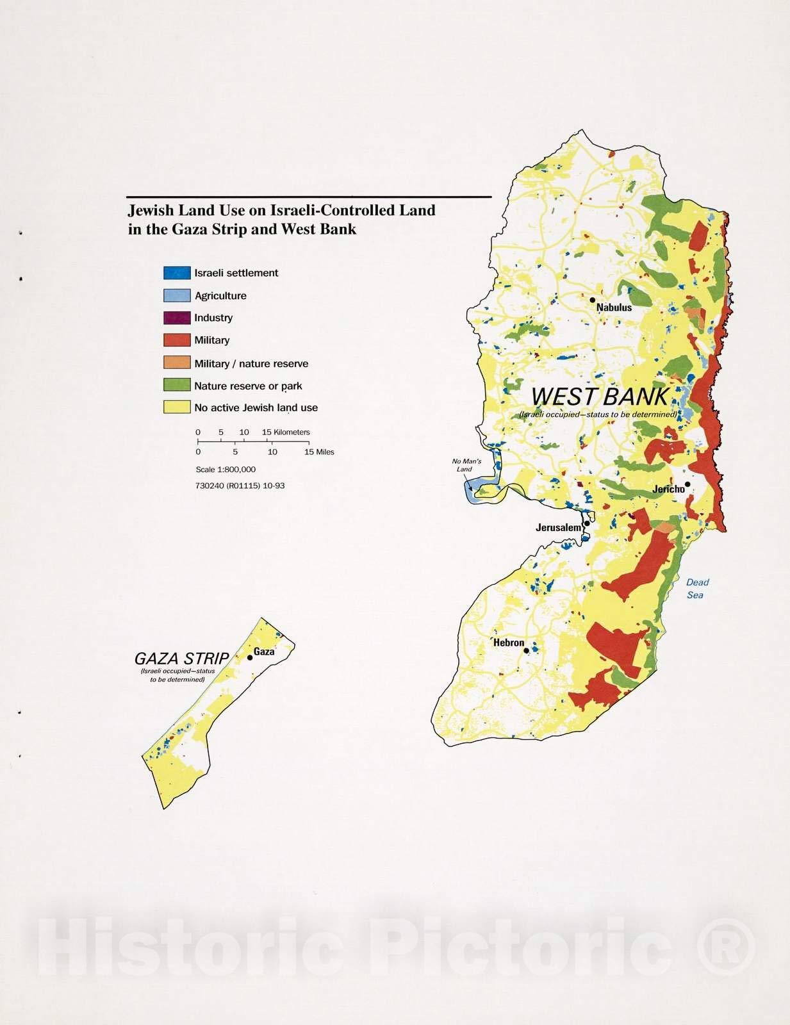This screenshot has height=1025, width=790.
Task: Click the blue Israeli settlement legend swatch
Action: pyautogui.click(x=177, y=273)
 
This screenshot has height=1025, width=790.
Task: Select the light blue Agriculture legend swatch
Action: pyautogui.click(x=177, y=295)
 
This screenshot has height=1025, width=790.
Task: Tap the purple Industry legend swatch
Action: pyautogui.click(x=177, y=318)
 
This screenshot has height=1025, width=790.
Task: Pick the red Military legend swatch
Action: pyautogui.click(x=177, y=340)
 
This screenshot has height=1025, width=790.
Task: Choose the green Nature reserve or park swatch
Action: pyautogui.click(x=177, y=385)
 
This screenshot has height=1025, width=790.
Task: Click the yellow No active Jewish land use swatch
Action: pyautogui.click(x=177, y=407)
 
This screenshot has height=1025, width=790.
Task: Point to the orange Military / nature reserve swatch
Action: pyautogui.click(x=177, y=363)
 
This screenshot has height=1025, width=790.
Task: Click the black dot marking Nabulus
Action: pyautogui.click(x=593, y=299)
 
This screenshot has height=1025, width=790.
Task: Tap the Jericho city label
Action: pyautogui.click(x=668, y=489)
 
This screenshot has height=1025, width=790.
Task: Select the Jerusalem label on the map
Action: pyautogui.click(x=558, y=528)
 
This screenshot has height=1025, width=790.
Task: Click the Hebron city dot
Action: pyautogui.click(x=527, y=650)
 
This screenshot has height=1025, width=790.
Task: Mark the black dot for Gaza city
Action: pyautogui.click(x=250, y=657)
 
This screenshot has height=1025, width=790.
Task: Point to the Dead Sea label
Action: pyautogui.click(x=696, y=588)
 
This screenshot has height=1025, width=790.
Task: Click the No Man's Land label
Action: pyautogui.click(x=466, y=465)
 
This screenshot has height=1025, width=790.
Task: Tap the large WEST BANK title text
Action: pyautogui.click(x=600, y=397)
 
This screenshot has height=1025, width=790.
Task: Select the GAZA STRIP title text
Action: pyautogui.click(x=181, y=659)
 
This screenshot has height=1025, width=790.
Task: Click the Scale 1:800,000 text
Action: pyautogui.click(x=226, y=470)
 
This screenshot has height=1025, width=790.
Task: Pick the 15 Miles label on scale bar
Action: pyautogui.click(x=318, y=452)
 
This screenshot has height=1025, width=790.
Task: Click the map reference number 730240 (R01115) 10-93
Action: pyautogui.click(x=240, y=486)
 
